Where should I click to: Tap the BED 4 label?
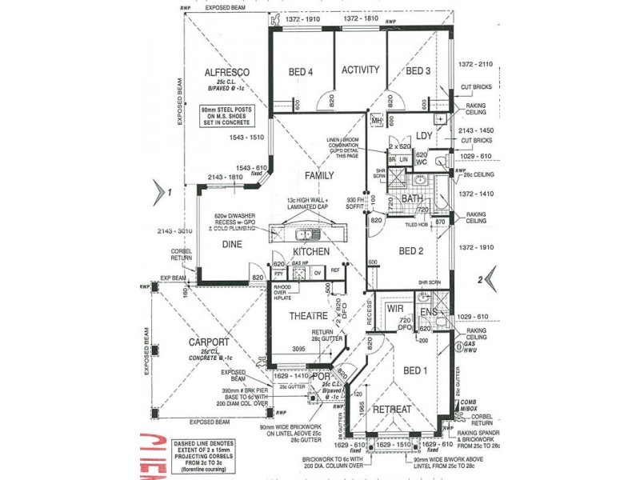tap(301, 72)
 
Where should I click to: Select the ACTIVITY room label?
tap(360, 70)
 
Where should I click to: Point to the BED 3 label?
tap(418, 71)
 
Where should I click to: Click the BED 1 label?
tap(416, 370)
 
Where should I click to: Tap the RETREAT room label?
tap(391, 409)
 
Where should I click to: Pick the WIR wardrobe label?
tap(394, 307)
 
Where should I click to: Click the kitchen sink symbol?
tap(306, 234)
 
